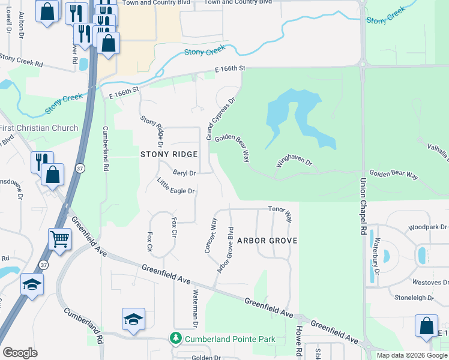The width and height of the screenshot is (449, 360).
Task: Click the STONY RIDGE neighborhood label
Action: [169, 154]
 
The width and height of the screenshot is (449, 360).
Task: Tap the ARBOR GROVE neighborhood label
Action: [267, 241]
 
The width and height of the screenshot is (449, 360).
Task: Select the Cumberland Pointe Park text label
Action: [230, 340]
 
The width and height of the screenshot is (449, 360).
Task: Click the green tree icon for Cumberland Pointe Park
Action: [176, 339]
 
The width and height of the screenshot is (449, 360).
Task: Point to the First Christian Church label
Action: [39, 128]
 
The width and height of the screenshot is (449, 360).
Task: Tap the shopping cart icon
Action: [60, 239]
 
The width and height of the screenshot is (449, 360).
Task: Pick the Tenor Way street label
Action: [280, 213]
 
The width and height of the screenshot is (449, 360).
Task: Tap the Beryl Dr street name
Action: [184, 173]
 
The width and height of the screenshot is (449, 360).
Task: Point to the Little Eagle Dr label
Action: [176, 187]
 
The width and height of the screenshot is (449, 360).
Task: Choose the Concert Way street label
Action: [211, 235]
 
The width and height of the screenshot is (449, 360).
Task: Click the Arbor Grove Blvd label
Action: [225, 250]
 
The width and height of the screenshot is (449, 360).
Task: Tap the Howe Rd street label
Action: [298, 340]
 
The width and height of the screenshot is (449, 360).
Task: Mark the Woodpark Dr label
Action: [427, 227]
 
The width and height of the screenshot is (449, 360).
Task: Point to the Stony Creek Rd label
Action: [22, 59]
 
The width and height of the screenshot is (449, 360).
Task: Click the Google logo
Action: [20, 352]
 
